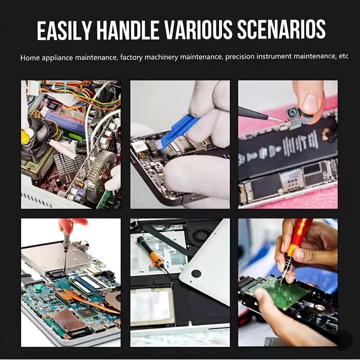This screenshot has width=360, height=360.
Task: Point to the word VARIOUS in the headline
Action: (x=198, y=30)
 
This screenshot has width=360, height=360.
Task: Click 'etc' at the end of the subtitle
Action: (x=344, y=56)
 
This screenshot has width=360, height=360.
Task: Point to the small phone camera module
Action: (x=293, y=114)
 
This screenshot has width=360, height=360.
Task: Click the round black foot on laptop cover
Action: (x=196, y=274)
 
